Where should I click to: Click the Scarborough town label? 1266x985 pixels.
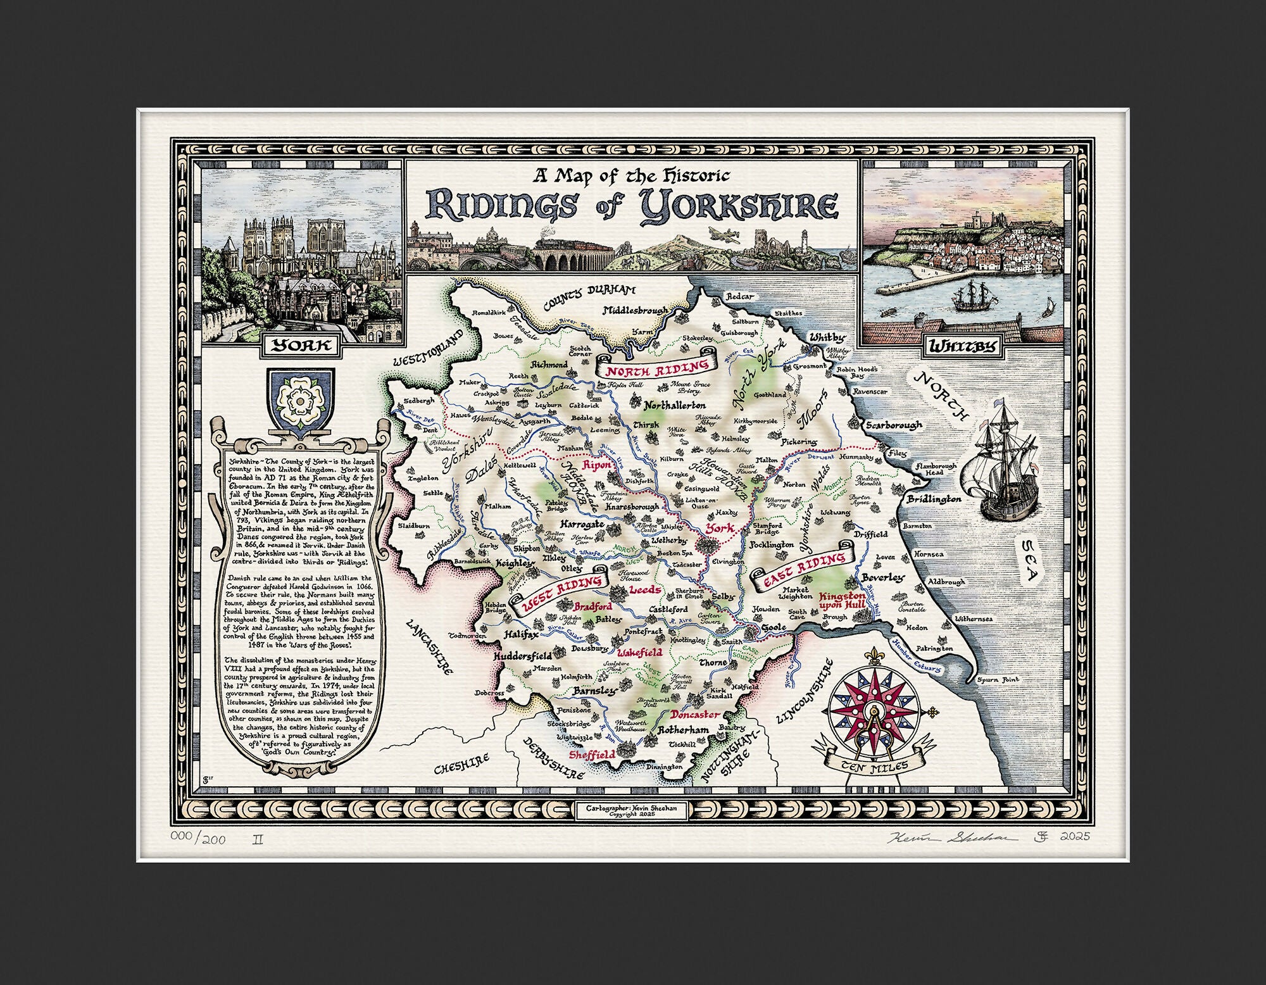[893, 425]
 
